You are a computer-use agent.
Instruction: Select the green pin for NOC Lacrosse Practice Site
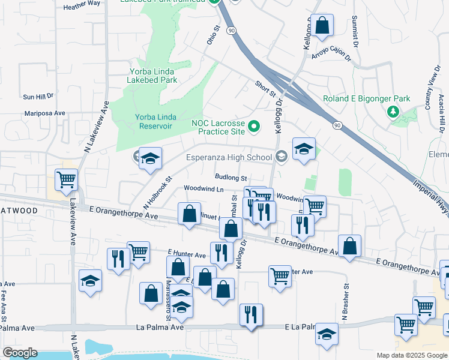[x=254, y=126]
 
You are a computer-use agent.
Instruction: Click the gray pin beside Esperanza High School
[x=282, y=158]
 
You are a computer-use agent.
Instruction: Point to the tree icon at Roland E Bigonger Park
[x=394, y=111]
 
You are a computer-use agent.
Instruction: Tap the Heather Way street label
[x=82, y=3]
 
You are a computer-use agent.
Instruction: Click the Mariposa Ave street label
[x=44, y=113]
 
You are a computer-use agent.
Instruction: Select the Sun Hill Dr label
[x=38, y=96]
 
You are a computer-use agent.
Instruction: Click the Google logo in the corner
[x=20, y=353]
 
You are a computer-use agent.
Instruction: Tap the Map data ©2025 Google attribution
[x=411, y=355]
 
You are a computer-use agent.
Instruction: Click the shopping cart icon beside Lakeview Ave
[x=66, y=179]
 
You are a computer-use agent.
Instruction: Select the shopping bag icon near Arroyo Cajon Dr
[x=322, y=26]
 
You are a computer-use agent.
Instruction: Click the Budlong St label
[x=231, y=178]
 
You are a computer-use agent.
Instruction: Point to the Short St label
[x=265, y=89]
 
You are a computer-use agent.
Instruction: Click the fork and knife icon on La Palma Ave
[x=250, y=314]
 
